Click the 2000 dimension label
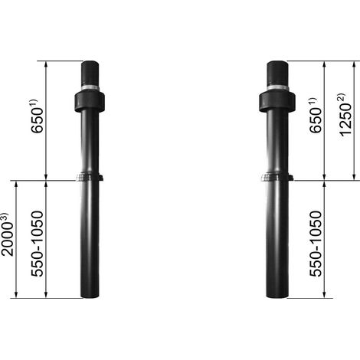[x=7, y=239]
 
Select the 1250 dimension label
[x=346, y=119]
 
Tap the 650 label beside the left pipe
[x=37, y=120]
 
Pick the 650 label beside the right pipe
[x=316, y=120]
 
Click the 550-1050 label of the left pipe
[x=38, y=244]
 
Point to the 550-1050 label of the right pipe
[x=316, y=244]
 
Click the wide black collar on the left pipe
[x=90, y=102]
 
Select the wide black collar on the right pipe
[x=277, y=102]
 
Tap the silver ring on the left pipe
[x=90, y=88]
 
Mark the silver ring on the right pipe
[x=277, y=88]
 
